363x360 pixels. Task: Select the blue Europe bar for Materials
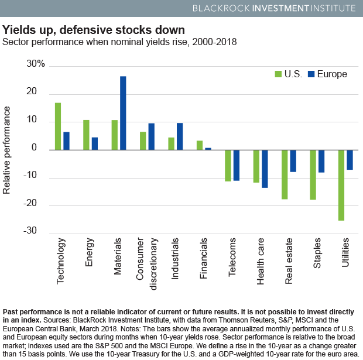(x=123, y=112)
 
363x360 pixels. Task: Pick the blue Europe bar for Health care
(x=265, y=169)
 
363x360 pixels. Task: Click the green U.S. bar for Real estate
(x=285, y=174)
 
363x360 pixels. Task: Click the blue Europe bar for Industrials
(x=180, y=136)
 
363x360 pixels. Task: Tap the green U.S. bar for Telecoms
(x=228, y=165)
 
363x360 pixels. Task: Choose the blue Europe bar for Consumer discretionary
(x=151, y=136)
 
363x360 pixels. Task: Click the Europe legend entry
(x=327, y=74)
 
